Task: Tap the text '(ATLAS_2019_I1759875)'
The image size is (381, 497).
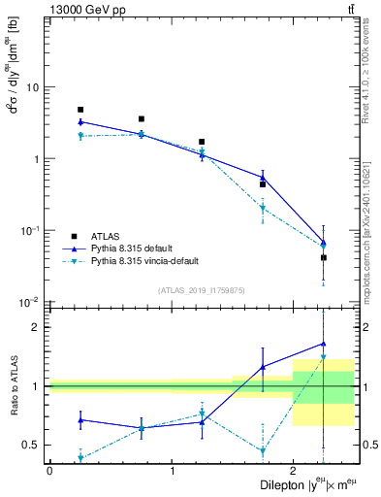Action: tap(201, 289)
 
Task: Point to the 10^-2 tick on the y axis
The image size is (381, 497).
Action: tap(29, 302)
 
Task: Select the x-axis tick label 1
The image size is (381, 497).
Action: tap(172, 470)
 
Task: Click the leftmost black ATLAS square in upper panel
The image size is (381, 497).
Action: tap(80, 110)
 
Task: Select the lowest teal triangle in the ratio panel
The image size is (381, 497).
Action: tap(80, 458)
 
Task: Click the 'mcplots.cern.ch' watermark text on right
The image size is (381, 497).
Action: tap(373, 252)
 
